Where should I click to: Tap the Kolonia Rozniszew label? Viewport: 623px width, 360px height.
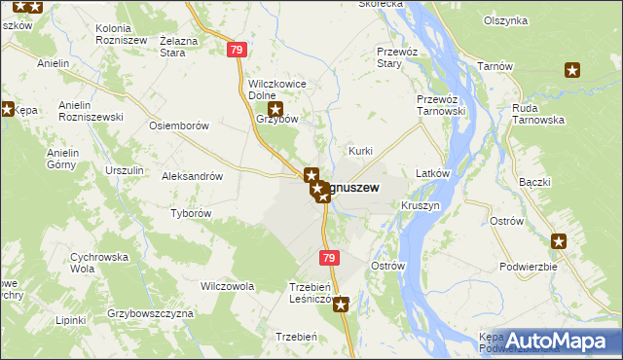coord(122,35)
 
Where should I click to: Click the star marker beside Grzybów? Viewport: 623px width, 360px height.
coord(275,110)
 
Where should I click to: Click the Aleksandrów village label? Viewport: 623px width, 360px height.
coord(192,177)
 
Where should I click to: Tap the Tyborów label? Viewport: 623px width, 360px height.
coord(191,213)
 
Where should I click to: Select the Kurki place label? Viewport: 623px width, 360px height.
coord(361,152)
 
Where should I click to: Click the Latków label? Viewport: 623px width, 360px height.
coord(431,173)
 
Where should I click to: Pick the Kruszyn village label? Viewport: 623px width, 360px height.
coord(420,207)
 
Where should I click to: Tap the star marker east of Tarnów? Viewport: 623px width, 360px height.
coord(572,69)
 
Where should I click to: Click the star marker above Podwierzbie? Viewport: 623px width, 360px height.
coord(559,242)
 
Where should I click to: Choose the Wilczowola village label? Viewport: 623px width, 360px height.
coord(227,287)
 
